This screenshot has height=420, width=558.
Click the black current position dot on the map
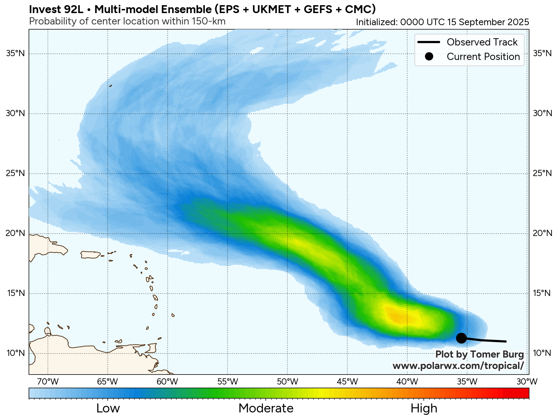point(461,338)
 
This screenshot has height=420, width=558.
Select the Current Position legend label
point(483,57)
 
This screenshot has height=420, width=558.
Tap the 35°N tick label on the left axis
point(15,53)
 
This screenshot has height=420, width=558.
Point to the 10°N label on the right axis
point(542,353)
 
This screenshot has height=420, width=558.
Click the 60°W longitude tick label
point(167,382)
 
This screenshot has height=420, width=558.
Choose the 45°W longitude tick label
point(347,382)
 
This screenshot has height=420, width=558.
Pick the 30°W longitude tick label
point(527,382)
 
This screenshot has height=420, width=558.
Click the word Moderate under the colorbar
point(266,409)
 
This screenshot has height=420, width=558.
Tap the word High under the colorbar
point(424,409)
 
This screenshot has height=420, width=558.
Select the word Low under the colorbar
point(108,409)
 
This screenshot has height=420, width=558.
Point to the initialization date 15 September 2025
point(488,22)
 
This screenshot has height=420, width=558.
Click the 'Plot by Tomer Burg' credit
point(479,355)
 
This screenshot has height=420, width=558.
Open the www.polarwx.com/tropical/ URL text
point(458,366)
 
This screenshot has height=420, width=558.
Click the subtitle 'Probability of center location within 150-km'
point(127,21)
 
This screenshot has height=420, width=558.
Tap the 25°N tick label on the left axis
point(15,173)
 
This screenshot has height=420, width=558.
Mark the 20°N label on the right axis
point(542,233)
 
